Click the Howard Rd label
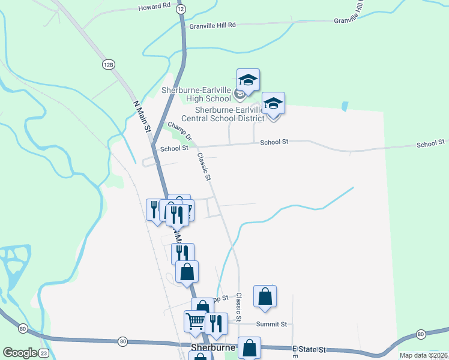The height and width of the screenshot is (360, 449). tap(154, 7)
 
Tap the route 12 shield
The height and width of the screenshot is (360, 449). tap(181, 9)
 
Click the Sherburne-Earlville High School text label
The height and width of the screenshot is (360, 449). tap(196, 94)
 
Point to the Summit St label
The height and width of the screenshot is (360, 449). tap(272, 324)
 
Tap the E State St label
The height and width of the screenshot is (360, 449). tap(309, 349)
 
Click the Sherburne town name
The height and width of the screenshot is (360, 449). tap(212, 347)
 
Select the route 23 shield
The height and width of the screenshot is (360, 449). tap(44, 353)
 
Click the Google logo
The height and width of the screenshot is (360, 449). tap(19, 353)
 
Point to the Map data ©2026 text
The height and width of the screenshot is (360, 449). tap(423, 355)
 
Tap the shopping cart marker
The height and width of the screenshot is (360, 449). tap(195, 322)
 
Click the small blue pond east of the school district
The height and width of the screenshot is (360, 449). tap(344, 106)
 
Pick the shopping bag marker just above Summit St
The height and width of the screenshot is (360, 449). tap(265, 296)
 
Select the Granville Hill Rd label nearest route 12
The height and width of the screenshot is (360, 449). tap(212, 26)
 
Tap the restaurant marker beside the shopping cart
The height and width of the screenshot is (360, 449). tap(216, 323)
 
